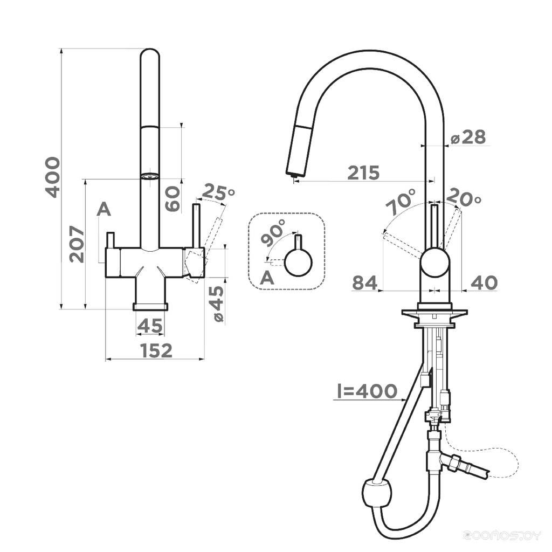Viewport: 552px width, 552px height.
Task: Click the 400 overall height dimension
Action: pyautogui.click(x=53, y=177)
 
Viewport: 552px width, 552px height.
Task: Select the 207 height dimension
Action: pyautogui.click(x=77, y=244)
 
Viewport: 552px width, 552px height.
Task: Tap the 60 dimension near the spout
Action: pyautogui.click(x=173, y=198)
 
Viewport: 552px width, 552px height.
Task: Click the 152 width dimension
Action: pyautogui.click(x=156, y=350)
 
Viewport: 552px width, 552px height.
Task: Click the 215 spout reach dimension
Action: pyautogui.click(x=364, y=172)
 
